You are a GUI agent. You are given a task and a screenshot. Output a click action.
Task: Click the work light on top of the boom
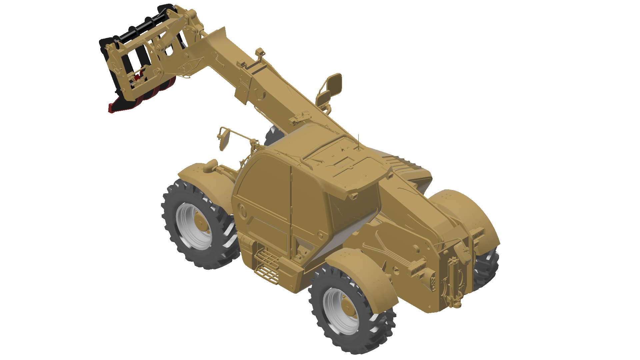259,53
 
